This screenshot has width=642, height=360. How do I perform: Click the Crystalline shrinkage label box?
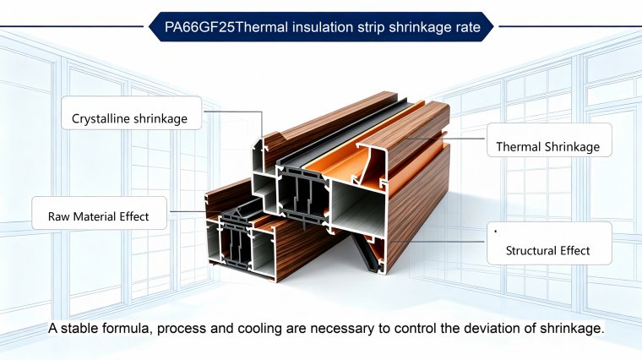132,113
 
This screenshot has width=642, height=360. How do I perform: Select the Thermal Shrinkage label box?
549,140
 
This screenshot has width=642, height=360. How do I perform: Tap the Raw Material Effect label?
99,213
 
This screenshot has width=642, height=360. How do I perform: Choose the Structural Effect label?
549,243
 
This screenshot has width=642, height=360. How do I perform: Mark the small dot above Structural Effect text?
495,232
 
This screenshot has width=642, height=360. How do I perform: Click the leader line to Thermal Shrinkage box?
445,139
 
